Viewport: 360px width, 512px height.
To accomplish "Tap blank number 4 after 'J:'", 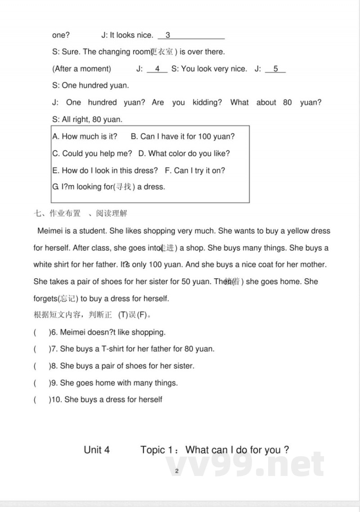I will (x=157, y=69).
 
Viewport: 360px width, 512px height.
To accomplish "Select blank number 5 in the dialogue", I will (x=275, y=69).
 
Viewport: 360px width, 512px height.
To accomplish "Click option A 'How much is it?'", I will (x=85, y=136).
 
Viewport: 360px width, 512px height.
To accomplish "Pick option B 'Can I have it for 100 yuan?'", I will (x=183, y=136).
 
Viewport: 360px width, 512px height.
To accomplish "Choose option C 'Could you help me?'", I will (x=92, y=154).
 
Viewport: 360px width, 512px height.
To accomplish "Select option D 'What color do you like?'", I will (x=184, y=154).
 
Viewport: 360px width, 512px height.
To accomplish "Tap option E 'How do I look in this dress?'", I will (x=105, y=171).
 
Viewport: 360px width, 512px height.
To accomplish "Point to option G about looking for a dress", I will (x=109, y=187).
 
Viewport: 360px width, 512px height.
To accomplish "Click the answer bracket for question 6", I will (x=42, y=333).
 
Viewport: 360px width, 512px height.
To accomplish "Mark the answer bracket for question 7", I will (x=42, y=349).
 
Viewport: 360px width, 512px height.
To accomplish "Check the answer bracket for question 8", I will (x=42, y=366).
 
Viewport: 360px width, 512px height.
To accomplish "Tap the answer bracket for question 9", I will (x=42, y=383).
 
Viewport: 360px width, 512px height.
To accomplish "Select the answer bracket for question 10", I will (x=42, y=400).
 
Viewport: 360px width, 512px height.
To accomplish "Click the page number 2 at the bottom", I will (x=177, y=471).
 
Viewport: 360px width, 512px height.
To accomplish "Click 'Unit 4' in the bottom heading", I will (x=97, y=450).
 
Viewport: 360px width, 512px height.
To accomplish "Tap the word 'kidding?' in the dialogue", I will (x=207, y=103).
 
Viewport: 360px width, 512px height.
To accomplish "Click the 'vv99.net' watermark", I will (x=245, y=463).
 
